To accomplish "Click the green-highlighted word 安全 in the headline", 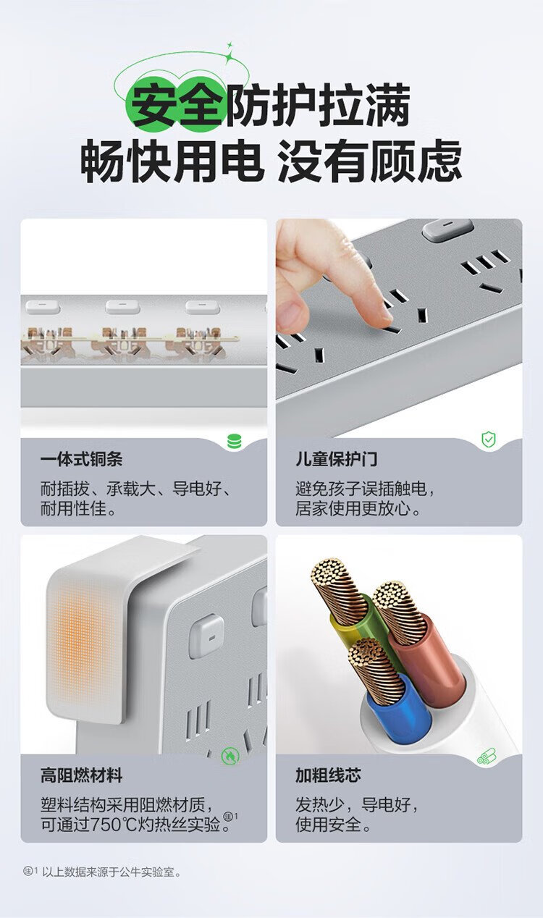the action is tap(178, 105).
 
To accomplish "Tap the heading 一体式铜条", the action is tap(82, 460).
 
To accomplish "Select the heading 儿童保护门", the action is tap(336, 460).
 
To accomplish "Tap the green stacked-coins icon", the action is tap(235, 442).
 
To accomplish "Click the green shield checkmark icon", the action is tap(489, 439).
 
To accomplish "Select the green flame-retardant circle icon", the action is tap(230, 756).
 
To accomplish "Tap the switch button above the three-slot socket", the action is tap(448, 230).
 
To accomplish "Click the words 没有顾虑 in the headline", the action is tap(370, 161).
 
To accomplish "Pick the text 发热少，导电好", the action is tap(356, 804).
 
